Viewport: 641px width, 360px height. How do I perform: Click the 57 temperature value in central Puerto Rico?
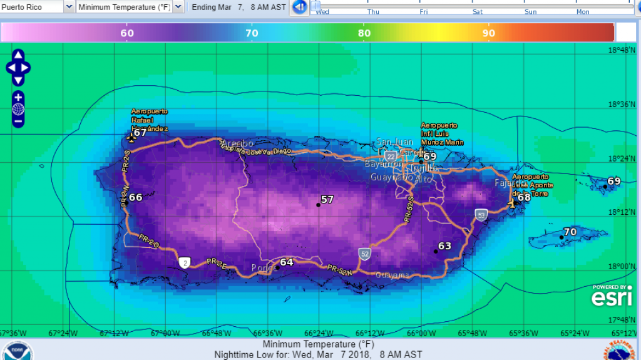point(327,200)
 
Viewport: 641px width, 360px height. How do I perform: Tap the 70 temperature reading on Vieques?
point(570,232)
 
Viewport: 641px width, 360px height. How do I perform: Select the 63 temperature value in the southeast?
point(444,246)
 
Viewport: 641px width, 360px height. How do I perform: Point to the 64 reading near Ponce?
point(286,262)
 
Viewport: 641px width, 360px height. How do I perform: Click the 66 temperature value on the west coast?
point(135,197)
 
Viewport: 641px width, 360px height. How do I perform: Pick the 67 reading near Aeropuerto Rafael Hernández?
point(140,133)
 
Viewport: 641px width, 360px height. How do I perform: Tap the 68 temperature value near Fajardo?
point(524,197)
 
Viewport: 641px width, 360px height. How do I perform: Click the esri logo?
point(612,297)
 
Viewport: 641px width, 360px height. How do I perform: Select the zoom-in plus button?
point(18,97)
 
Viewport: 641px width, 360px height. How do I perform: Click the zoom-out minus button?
point(18,120)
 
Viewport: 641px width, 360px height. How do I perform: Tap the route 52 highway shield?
point(364,254)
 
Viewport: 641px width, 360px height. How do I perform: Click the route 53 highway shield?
point(480,214)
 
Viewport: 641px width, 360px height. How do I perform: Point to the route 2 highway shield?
point(184,262)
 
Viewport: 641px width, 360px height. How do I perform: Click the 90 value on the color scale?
point(489,33)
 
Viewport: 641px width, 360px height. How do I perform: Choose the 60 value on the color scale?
point(126,33)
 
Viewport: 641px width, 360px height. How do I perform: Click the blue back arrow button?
point(299,7)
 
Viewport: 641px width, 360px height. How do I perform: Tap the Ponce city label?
point(262,268)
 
